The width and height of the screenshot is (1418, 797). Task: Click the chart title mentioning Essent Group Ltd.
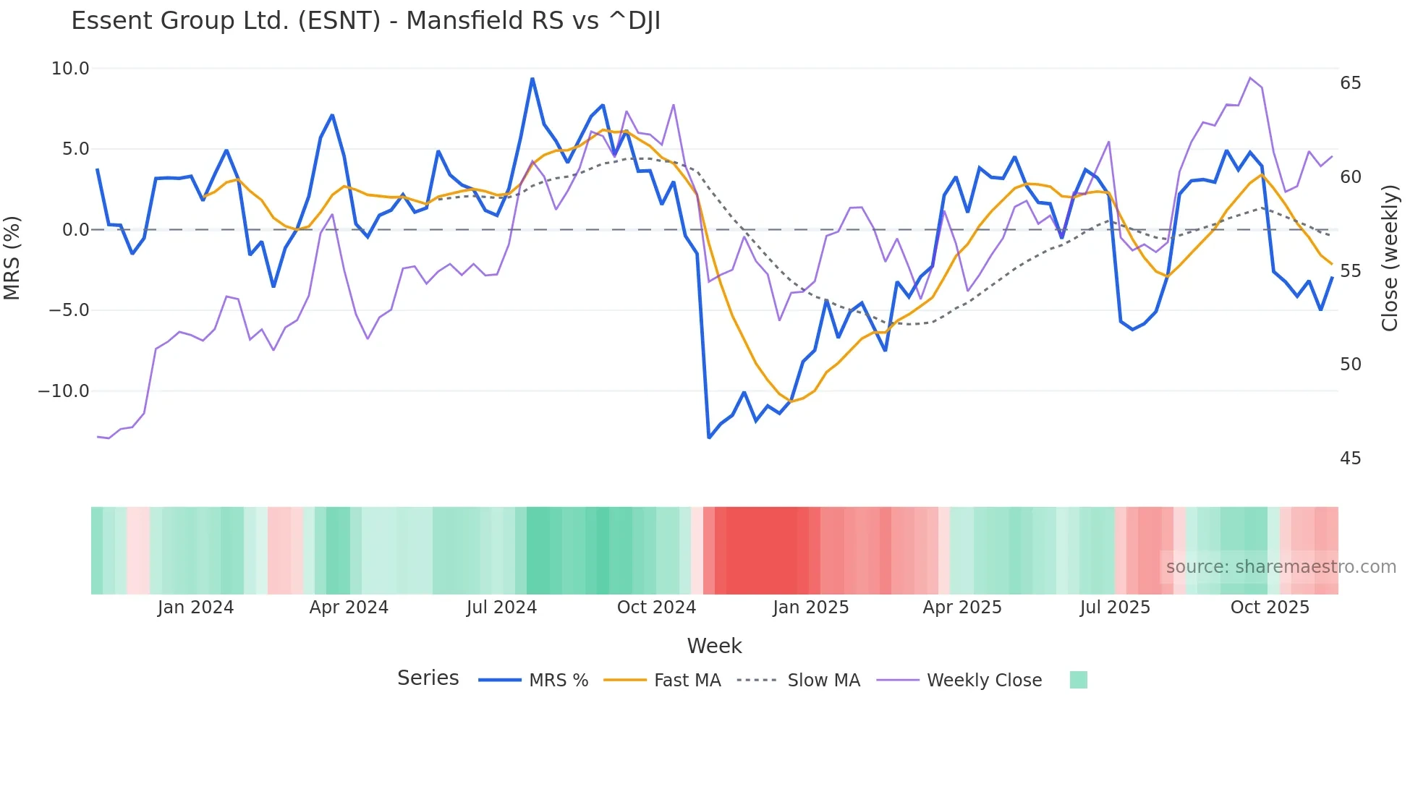365,20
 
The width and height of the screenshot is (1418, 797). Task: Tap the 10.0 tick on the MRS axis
69,69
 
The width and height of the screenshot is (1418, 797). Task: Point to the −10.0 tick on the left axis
64,391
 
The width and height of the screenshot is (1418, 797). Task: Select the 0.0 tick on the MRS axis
75,230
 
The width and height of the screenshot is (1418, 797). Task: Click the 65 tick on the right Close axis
1350,83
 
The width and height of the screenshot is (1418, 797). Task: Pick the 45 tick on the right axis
1350,459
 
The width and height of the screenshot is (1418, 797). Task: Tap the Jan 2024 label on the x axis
195,608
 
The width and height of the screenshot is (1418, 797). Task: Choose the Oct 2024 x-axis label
656,608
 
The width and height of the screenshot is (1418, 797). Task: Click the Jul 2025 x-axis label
1115,608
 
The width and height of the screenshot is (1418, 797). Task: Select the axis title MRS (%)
12,258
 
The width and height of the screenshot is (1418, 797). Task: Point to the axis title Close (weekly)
1389,258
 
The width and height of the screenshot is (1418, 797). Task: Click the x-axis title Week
714,646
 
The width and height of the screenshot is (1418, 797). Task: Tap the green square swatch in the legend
1078,680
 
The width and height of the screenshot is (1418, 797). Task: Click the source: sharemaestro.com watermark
1281,567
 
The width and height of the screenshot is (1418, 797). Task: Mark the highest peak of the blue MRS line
532,79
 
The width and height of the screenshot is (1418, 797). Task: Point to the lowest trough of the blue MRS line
709,438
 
